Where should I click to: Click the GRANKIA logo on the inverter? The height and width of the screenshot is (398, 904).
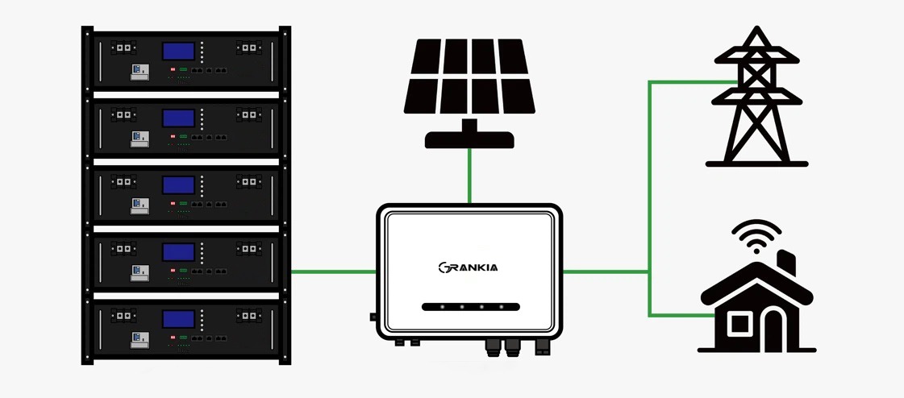coord(469,267)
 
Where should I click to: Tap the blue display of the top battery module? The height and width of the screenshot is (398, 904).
coord(179,52)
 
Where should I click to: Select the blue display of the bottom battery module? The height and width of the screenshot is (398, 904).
coord(179,318)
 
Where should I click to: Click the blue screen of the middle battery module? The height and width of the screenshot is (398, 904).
coord(179,184)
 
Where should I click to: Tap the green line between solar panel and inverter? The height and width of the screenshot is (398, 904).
coord(469,176)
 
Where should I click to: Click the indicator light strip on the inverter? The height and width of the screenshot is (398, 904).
coord(469,307)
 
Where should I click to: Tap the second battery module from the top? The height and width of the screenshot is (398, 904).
coord(185,125)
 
